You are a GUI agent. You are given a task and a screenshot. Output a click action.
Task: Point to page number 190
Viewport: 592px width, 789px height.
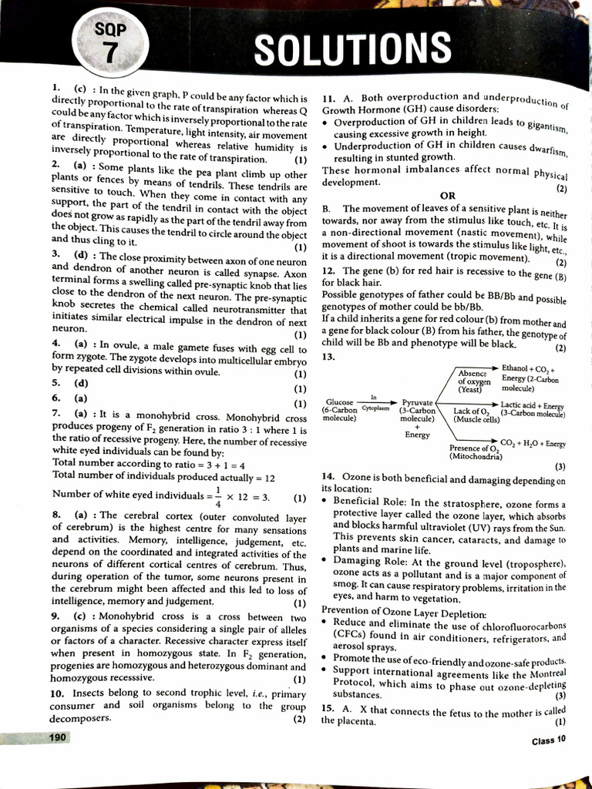55,737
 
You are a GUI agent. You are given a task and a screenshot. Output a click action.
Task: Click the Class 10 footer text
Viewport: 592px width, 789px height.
548,741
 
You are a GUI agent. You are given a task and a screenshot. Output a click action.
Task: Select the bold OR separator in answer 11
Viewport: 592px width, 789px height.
448,196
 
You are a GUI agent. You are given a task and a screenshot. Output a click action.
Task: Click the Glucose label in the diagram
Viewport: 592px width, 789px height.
340,402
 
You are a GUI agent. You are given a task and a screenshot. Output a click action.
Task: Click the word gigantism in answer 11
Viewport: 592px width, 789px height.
546,126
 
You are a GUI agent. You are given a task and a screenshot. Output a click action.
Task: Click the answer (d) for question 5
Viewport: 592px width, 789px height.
80,382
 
